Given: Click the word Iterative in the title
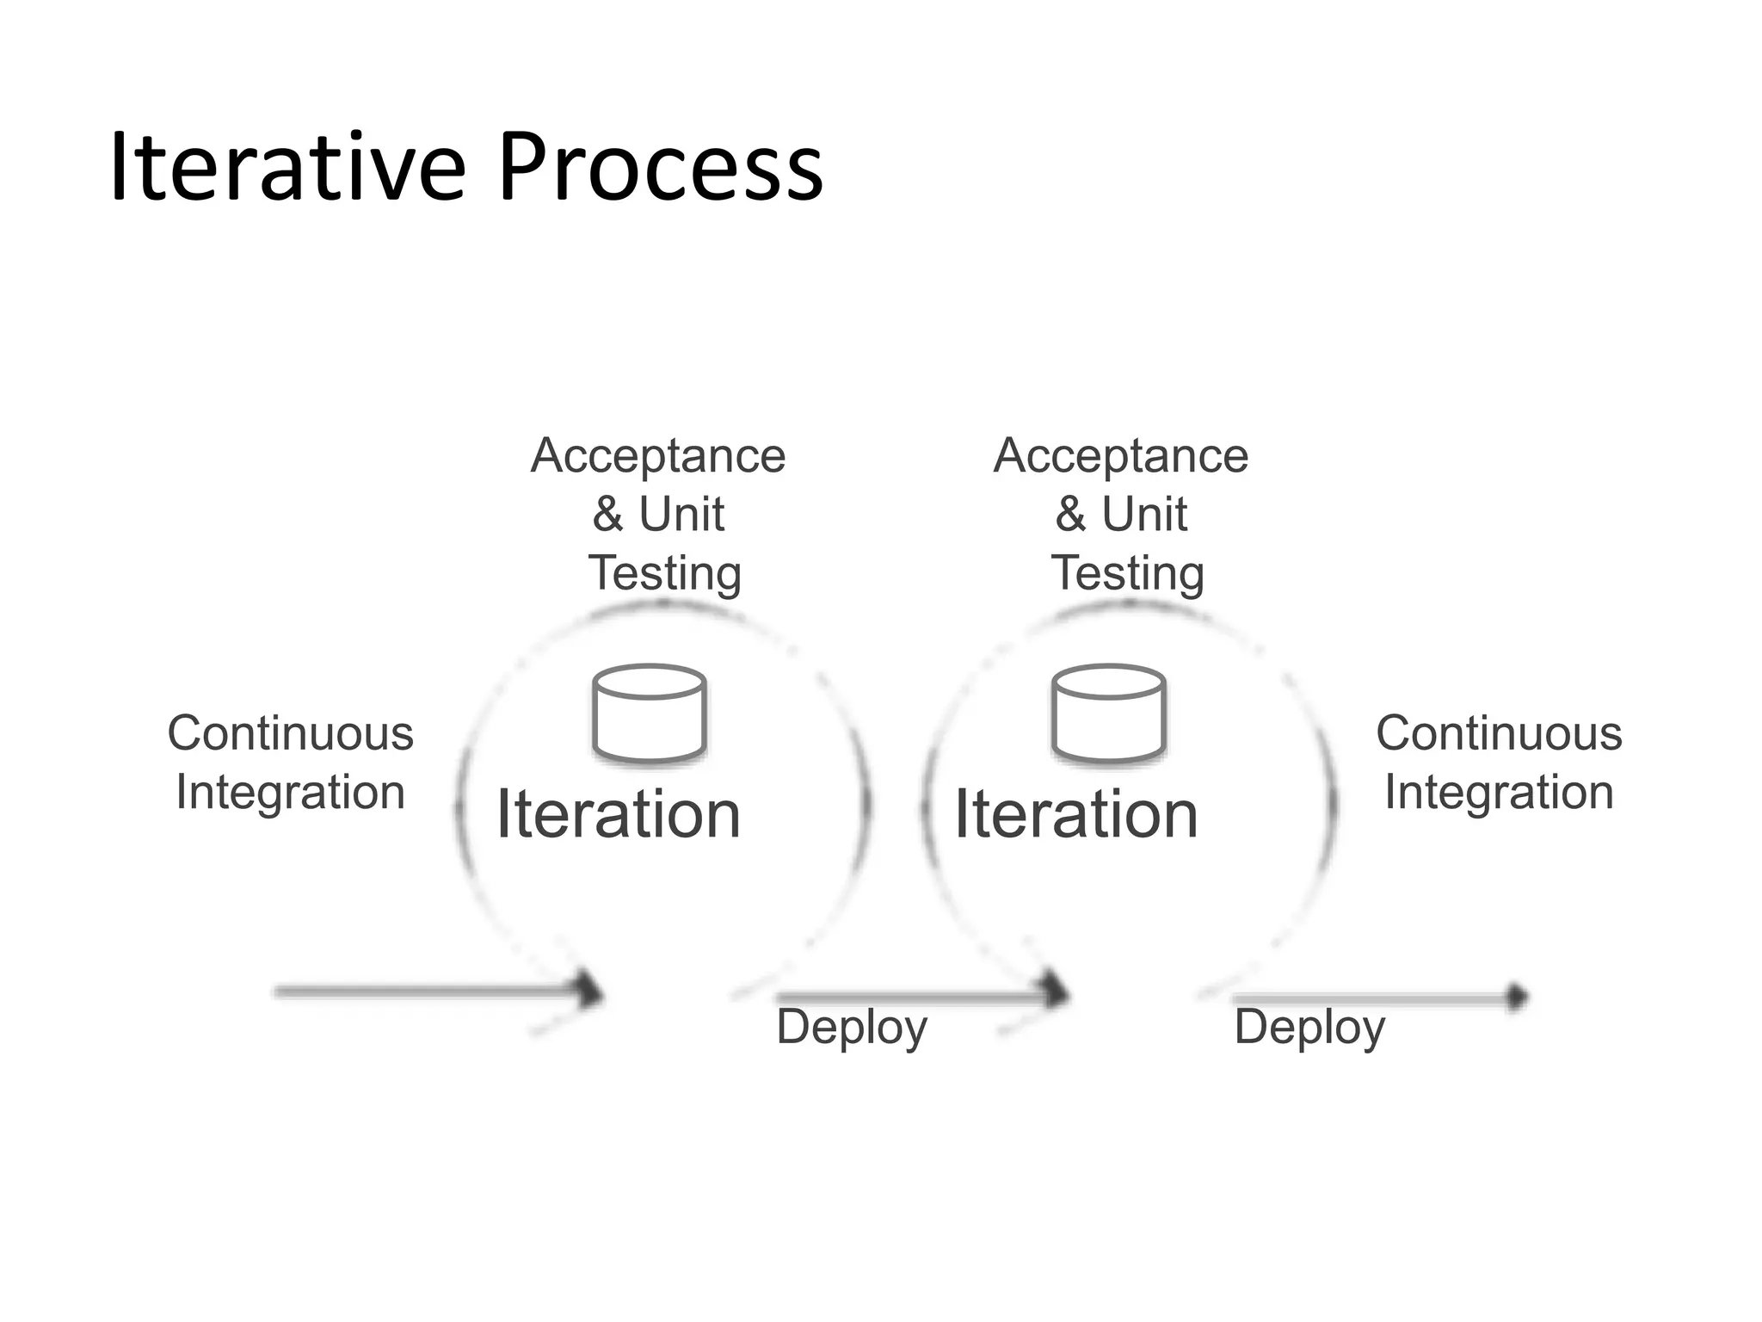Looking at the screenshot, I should (x=287, y=168).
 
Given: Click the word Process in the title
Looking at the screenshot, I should (x=661, y=168).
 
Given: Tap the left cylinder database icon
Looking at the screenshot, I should (x=650, y=713).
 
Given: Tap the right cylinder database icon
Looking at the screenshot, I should (x=1109, y=713).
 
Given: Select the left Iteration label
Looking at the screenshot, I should (x=619, y=814).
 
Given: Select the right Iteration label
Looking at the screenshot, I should (x=1076, y=814).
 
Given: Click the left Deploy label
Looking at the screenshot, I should (x=852, y=1028).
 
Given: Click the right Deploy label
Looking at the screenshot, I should (x=1309, y=1028).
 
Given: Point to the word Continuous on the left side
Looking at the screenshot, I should (x=291, y=733).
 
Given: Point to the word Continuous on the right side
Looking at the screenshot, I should (x=1499, y=733).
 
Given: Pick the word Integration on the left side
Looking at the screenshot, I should (x=291, y=792).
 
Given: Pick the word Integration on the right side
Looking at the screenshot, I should (x=1499, y=792).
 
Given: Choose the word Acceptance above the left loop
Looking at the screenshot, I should (x=658, y=456).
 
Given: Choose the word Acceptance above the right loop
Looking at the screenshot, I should (x=1121, y=456).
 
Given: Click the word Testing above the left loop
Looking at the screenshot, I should (x=664, y=574).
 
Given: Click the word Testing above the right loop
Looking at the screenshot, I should (x=1127, y=574).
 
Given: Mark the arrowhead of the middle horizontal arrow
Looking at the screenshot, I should (x=1057, y=994).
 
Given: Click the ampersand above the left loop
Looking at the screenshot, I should (x=607, y=515).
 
